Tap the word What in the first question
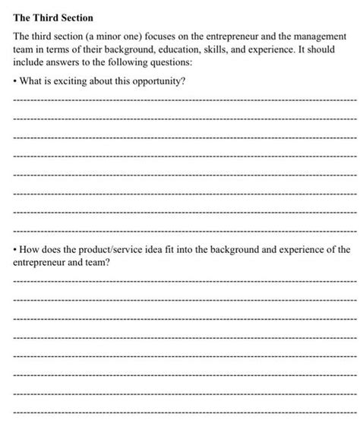tap(35, 81)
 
